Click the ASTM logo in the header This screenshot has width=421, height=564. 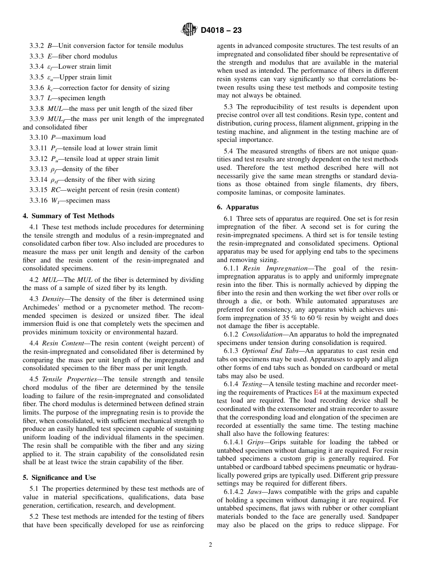[x=189, y=30]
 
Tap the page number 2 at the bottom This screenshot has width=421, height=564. [x=210, y=545]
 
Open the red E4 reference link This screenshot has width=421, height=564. [x=318, y=392]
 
